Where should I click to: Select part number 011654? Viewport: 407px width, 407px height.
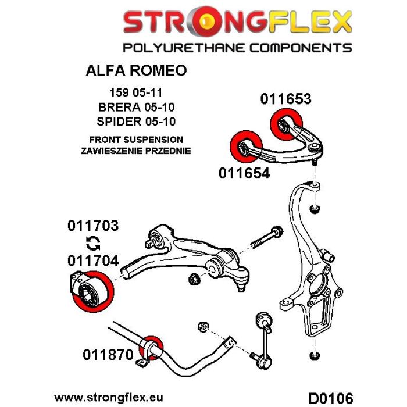pyautogui.click(x=244, y=173)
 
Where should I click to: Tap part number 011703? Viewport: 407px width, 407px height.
pyautogui.click(x=94, y=225)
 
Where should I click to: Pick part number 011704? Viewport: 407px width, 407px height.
pyautogui.click(x=94, y=260)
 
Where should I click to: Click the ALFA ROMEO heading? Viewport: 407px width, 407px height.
pyautogui.click(x=137, y=71)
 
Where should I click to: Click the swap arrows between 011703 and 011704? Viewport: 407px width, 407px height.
pyautogui.click(x=91, y=243)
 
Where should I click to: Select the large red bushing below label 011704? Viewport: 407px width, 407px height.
pyautogui.click(x=91, y=291)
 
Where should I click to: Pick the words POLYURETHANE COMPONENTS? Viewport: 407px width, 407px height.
pyautogui.click(x=235, y=47)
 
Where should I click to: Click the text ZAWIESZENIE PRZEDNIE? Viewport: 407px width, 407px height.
pyautogui.click(x=137, y=151)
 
